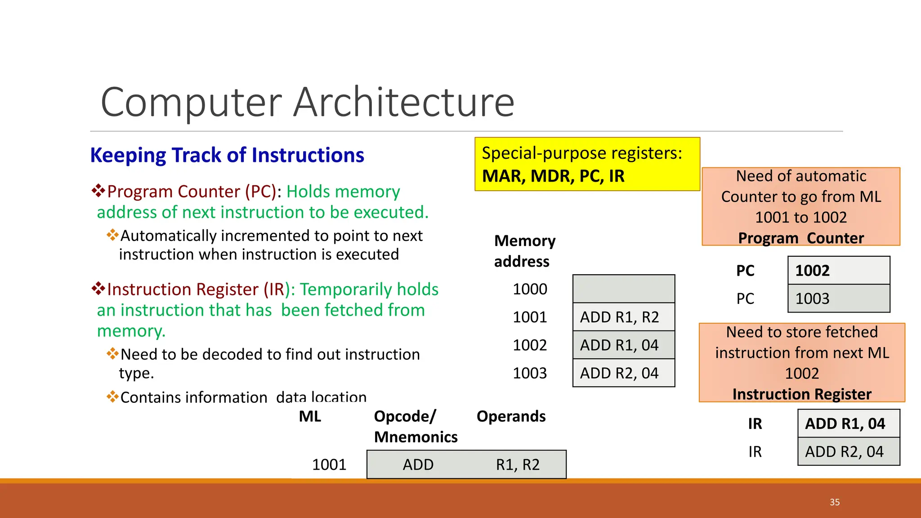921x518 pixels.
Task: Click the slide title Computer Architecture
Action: (x=307, y=103)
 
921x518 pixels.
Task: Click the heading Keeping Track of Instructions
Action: (x=227, y=155)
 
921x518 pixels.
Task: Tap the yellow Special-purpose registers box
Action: (x=587, y=164)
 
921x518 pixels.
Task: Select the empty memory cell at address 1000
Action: (x=623, y=289)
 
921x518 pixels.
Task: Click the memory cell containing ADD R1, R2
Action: (x=623, y=317)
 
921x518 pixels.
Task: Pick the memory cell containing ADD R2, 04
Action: (x=623, y=373)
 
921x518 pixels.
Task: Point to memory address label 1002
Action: (x=530, y=345)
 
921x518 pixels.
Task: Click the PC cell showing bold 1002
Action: (x=838, y=271)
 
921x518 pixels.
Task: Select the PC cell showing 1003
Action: (x=838, y=299)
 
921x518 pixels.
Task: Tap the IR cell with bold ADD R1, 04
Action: (x=848, y=424)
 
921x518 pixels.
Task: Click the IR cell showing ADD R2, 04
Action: (x=848, y=451)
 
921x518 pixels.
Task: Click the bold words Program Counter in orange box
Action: (x=801, y=238)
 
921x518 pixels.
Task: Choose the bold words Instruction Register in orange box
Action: (x=801, y=394)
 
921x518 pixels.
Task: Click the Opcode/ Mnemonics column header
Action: (x=415, y=426)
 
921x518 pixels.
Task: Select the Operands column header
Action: (x=511, y=416)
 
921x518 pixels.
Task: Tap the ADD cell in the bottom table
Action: (x=418, y=464)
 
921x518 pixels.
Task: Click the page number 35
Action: (x=835, y=502)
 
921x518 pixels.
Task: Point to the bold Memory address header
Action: (x=524, y=251)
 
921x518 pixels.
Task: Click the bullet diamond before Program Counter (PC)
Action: (x=98, y=191)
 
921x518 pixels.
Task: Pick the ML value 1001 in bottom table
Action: (x=329, y=464)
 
